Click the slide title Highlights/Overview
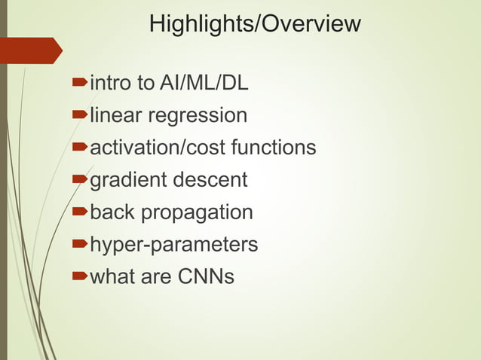255,24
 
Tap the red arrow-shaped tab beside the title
30,50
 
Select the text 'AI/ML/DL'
204,83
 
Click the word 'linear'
116,115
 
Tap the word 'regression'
198,117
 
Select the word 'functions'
274,148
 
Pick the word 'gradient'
128,181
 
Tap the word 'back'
112,212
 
